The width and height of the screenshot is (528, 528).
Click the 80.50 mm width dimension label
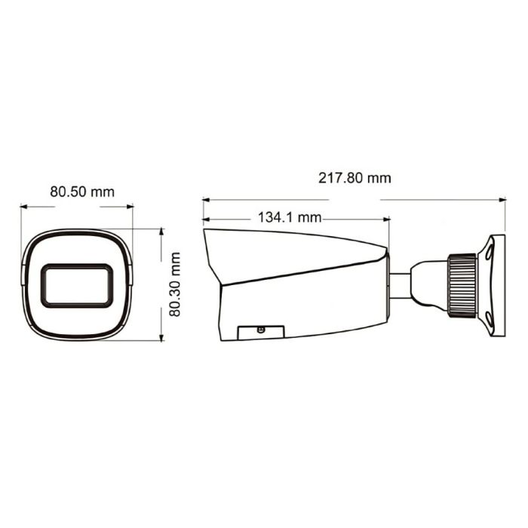click(x=82, y=192)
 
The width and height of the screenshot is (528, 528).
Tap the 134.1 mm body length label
click(x=290, y=218)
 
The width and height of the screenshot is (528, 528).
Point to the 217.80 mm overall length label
click(x=354, y=178)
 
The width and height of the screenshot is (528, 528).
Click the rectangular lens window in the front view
click(x=77, y=286)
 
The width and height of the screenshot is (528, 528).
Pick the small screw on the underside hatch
click(x=261, y=330)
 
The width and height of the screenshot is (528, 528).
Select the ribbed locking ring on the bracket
click(x=462, y=284)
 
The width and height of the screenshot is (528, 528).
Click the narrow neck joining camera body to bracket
click(x=399, y=284)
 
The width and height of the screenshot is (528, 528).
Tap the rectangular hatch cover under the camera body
click(x=261, y=333)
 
